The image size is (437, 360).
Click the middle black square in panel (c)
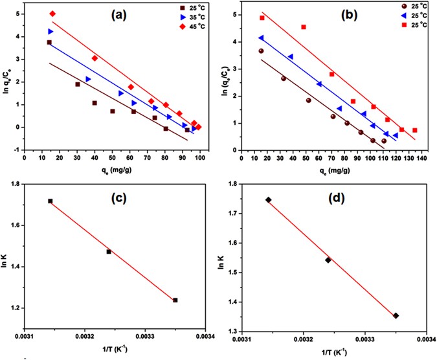click(109, 251)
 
